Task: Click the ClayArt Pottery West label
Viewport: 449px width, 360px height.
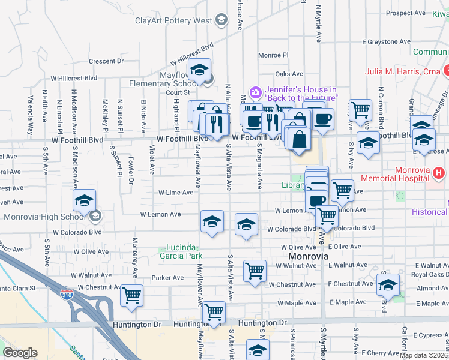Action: tap(173, 21)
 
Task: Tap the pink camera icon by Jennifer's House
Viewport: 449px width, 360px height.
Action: tap(255, 91)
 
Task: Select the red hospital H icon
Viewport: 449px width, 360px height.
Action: tap(439, 173)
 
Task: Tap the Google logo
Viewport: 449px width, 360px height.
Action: tap(20, 353)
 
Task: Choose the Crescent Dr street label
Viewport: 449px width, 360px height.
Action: tap(106, 61)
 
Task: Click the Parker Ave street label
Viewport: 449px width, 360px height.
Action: tap(167, 278)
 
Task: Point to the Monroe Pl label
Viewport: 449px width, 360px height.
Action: tap(273, 55)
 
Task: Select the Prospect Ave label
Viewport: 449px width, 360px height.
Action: tap(406, 13)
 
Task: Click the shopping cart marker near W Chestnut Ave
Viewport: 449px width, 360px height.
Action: tap(131, 295)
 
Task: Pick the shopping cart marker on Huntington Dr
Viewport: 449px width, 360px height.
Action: tap(214, 311)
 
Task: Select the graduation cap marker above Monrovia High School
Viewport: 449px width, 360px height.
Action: tap(85, 200)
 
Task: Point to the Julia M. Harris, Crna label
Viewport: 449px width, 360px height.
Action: tap(400, 73)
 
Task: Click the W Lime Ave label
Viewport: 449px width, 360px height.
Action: tap(175, 193)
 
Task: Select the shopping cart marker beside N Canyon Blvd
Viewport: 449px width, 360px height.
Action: tap(360, 109)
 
